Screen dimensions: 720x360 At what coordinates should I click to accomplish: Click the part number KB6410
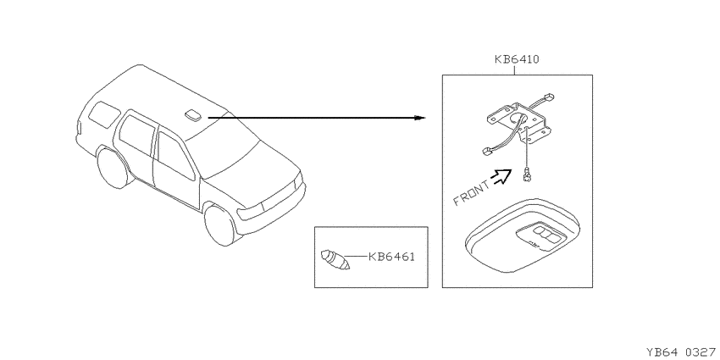click(517, 59)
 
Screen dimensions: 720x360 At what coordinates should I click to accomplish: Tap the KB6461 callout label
click(391, 258)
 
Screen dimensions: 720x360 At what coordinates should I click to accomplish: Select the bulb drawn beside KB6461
click(335, 260)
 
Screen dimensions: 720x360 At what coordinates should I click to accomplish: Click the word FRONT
click(472, 193)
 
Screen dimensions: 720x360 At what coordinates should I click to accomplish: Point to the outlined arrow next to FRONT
click(501, 176)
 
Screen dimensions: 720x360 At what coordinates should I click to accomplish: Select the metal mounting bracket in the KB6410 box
click(517, 121)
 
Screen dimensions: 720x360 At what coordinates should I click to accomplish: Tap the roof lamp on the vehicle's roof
click(194, 116)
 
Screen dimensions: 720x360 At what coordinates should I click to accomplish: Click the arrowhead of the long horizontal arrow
click(420, 118)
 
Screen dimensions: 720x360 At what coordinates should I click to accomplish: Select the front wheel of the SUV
click(221, 225)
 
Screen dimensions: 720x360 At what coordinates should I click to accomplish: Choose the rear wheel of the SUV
click(111, 168)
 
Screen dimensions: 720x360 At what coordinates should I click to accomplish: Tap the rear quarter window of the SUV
click(103, 114)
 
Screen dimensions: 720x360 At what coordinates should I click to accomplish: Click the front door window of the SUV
click(176, 156)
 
